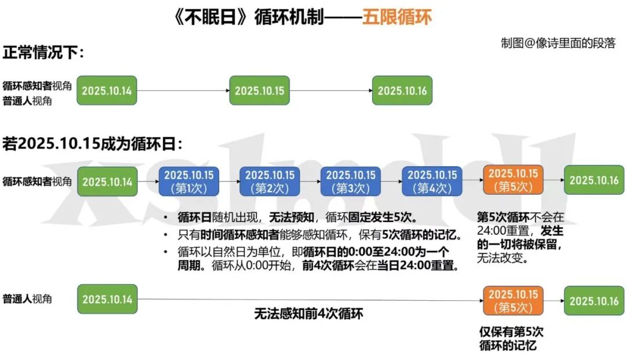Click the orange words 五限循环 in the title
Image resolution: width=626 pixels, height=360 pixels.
397,17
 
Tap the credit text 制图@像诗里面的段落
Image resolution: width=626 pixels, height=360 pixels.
558,43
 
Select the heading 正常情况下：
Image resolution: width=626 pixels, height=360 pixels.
43,53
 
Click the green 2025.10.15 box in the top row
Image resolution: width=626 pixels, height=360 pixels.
259,90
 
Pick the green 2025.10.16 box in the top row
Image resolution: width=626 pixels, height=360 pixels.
402,90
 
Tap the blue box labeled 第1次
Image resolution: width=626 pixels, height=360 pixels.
188,181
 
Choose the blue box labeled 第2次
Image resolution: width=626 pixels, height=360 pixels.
270,181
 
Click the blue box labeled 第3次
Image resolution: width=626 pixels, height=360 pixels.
351,181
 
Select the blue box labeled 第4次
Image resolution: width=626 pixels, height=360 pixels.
432,181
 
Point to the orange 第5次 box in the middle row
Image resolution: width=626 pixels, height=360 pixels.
513,180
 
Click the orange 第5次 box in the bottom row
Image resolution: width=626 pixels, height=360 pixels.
513,300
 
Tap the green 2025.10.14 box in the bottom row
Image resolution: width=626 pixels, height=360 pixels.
107,299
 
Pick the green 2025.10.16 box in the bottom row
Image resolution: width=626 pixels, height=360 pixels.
595,300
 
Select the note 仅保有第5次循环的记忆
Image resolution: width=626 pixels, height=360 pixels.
511,339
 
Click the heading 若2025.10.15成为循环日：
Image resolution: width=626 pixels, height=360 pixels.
93,144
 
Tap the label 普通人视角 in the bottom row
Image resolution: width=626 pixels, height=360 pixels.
27,299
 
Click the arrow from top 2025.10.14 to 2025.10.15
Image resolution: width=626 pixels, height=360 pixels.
183,90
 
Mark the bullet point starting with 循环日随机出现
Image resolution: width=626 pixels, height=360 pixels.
297,218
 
